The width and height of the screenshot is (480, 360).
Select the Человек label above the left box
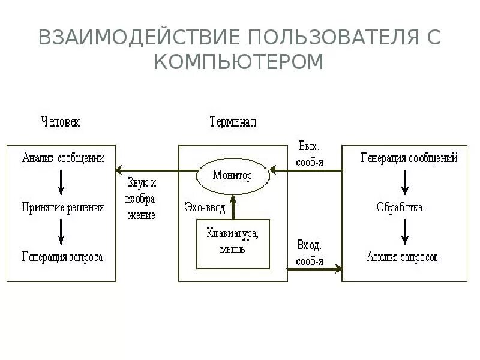[60, 122]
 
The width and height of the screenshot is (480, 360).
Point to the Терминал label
[233, 122]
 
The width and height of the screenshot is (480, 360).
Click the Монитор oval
[233, 176]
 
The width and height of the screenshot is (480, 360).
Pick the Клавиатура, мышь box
[233, 243]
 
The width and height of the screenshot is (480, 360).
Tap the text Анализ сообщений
[63, 158]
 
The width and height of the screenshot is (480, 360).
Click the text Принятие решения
[63, 208]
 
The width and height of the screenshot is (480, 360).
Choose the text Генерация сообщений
[409, 158]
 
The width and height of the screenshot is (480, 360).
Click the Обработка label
[400, 208]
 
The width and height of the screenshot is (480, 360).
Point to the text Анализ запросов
[402, 257]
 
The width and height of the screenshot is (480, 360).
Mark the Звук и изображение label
[142, 198]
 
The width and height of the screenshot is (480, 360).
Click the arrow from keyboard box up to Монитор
[233, 208]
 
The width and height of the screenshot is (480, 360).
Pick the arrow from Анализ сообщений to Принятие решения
[61, 182]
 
